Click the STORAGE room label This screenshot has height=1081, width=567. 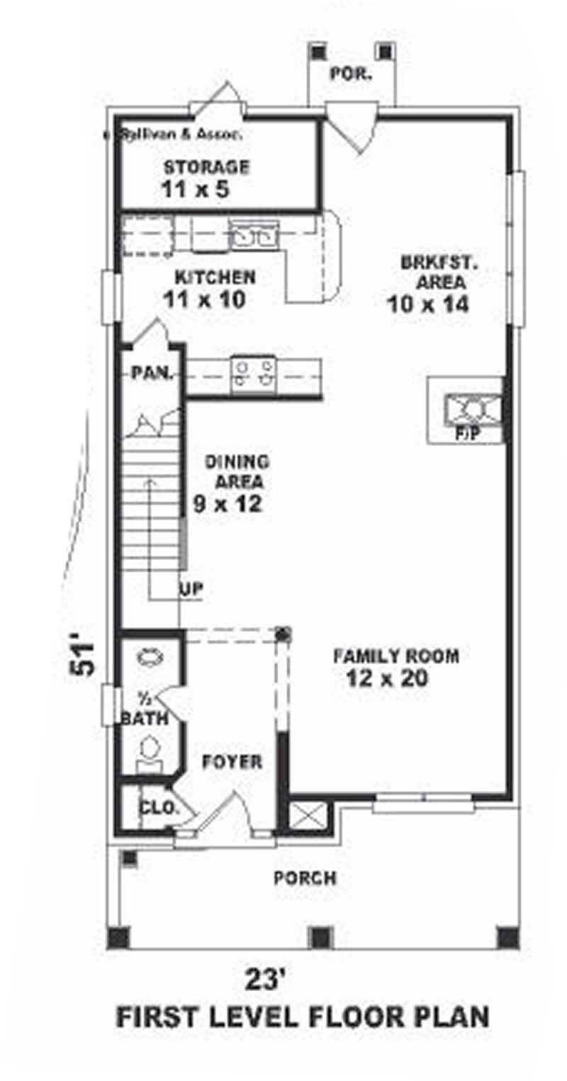coord(206,168)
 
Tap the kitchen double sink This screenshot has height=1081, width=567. coord(253,234)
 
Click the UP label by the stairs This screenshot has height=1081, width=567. coord(191,589)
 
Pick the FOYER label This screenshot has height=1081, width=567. coord(232,762)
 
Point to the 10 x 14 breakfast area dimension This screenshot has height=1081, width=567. coord(429,304)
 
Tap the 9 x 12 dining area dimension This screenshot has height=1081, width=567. coord(228,504)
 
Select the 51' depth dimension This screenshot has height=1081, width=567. coord(84,659)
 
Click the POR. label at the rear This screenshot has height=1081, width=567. coord(351,74)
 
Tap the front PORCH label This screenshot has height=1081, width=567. coord(305,879)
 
